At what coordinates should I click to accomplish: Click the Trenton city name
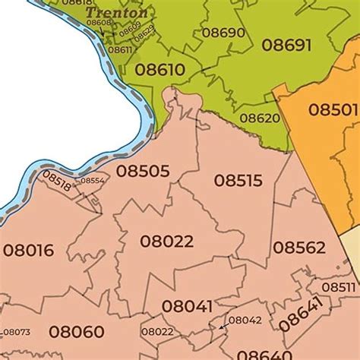[x=116, y=13]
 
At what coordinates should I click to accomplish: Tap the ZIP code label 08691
[x=286, y=45]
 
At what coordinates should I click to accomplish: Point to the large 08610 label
[x=159, y=70]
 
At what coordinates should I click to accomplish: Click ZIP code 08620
[x=260, y=118]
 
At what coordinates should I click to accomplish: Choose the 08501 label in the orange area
[x=333, y=109]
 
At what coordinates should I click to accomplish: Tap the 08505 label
[x=144, y=172]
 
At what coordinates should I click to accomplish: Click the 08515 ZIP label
[x=238, y=181]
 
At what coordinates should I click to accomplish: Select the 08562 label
[x=298, y=248]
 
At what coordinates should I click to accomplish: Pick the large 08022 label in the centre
[x=166, y=242]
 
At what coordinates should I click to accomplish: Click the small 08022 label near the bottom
[x=156, y=332]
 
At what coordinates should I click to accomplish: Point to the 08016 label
[x=28, y=250]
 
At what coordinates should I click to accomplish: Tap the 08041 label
[x=187, y=306]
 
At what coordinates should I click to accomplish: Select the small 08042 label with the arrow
[x=245, y=321]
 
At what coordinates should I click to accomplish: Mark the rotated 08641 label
[x=301, y=314]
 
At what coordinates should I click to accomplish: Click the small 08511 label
[x=338, y=287]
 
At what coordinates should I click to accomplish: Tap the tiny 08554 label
[x=92, y=181]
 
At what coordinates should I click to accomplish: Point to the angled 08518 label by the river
[x=57, y=182]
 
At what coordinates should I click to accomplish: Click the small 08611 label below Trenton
[x=120, y=49]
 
